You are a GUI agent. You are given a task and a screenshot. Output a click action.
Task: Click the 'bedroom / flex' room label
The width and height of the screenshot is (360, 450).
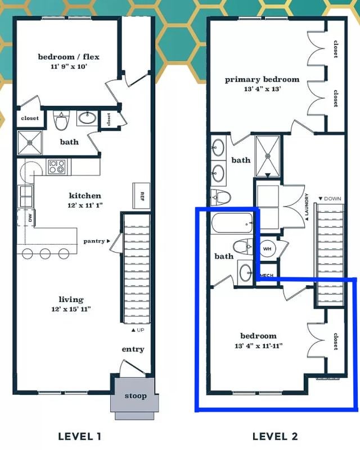tap(69, 57)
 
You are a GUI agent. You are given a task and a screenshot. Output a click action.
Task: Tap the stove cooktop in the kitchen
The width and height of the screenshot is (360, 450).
tap(57, 166)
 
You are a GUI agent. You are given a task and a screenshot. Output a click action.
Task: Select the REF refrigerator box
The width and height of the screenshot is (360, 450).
tap(141, 196)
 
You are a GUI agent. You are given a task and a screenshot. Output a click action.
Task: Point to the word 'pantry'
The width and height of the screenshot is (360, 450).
tap(94, 241)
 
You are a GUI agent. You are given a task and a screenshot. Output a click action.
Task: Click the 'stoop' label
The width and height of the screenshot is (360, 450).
tap(136, 396)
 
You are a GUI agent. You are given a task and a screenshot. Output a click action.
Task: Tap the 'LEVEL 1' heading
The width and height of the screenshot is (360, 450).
tap(79, 436)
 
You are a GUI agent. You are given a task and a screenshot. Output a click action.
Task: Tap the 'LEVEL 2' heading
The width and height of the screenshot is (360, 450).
tap(275, 436)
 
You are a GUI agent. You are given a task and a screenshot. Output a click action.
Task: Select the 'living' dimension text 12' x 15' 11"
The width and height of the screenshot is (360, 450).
tap(71, 309)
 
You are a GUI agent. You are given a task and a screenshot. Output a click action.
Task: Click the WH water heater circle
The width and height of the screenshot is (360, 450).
tap(267, 249)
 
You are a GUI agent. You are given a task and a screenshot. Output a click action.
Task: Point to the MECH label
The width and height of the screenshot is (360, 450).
tap(267, 275)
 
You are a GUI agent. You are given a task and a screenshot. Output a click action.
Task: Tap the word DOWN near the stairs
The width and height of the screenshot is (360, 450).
tap(332, 199)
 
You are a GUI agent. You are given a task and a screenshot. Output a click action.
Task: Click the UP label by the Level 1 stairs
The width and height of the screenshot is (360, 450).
tap(141, 330)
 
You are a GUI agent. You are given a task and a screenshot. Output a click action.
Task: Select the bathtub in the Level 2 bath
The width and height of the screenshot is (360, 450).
tap(232, 223)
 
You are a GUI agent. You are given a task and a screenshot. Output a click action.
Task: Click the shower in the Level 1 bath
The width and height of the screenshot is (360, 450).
tap(30, 143)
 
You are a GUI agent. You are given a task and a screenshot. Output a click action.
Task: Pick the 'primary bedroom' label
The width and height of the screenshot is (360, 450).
tap(262, 79)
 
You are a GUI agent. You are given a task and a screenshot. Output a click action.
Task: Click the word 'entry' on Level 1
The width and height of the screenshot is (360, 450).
tap(133, 349)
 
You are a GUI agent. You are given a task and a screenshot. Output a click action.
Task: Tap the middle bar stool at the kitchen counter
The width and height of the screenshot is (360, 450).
tap(46, 254)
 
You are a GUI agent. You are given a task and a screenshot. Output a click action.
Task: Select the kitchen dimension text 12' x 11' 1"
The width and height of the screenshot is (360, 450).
tap(85, 205)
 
